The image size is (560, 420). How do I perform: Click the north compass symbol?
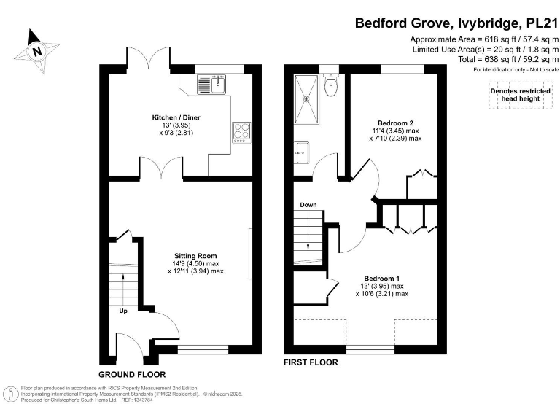click(36, 50)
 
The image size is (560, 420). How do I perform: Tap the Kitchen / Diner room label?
click(176, 117)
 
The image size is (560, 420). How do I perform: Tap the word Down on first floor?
click(308, 205)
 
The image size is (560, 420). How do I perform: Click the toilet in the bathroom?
click(332, 87)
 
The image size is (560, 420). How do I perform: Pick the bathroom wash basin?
click(303, 152)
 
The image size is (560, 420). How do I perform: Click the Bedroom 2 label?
click(395, 122)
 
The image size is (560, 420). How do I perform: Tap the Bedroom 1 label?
click(381, 279)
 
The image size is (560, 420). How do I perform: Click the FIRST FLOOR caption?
click(311, 362)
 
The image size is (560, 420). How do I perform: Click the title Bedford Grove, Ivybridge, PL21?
click(456, 23)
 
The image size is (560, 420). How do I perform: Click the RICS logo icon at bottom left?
click(11, 394)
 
